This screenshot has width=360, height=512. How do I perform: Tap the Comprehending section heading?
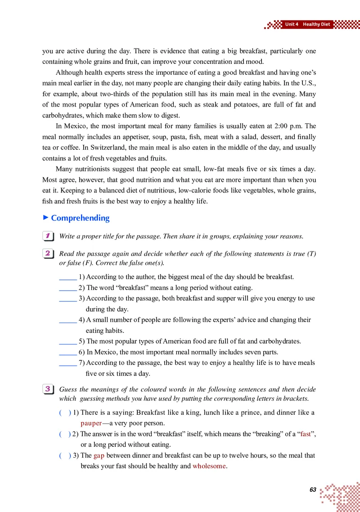[x=80, y=218]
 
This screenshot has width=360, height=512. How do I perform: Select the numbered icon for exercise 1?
[x=47, y=236]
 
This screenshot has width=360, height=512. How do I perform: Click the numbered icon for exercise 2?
[x=47, y=254]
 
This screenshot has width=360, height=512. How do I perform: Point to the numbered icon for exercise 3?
[x=47, y=389]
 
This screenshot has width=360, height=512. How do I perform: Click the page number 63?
[x=313, y=490]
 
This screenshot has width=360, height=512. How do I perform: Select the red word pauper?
[x=91, y=423]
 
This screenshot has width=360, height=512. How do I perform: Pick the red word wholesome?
[x=209, y=466]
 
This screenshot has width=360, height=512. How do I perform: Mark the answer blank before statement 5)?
[x=67, y=342]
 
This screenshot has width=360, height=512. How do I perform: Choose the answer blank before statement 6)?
[x=67, y=352]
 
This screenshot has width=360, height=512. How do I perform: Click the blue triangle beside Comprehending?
[x=45, y=218]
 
